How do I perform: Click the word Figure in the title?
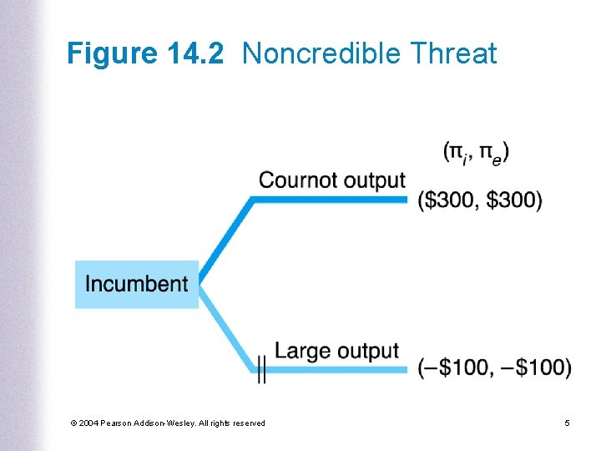point(110,54)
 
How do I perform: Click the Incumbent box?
point(137,284)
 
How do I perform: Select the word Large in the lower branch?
point(300,351)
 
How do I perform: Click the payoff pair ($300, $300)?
point(480,201)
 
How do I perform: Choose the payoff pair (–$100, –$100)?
point(495,367)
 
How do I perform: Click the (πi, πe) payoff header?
point(477,152)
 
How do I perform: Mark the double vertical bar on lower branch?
point(261,368)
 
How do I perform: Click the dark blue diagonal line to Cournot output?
point(224,238)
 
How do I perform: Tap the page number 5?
point(567,423)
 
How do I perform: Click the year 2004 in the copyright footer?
point(89,423)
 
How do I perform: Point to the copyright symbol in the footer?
point(75,423)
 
